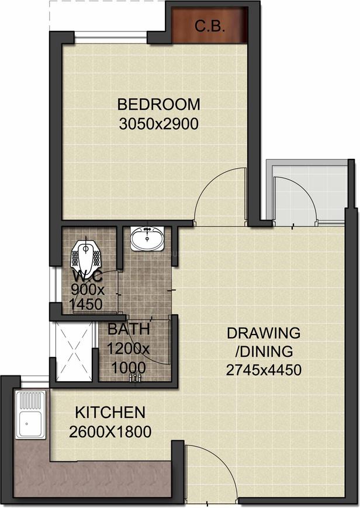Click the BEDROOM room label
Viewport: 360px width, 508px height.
pyautogui.click(x=158, y=105)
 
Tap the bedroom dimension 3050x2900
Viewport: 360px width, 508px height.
pyautogui.click(x=158, y=124)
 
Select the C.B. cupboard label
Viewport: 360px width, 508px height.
pyautogui.click(x=210, y=26)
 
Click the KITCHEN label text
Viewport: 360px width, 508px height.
pyautogui.click(x=110, y=413)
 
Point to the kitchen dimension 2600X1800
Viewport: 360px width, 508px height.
pyautogui.click(x=110, y=432)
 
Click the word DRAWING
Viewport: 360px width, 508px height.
pyautogui.click(x=264, y=333)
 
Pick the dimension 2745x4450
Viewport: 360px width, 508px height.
pyautogui.click(x=264, y=370)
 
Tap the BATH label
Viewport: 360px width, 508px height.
pyautogui.click(x=128, y=330)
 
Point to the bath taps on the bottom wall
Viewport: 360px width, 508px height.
pyautogui.click(x=134, y=378)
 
